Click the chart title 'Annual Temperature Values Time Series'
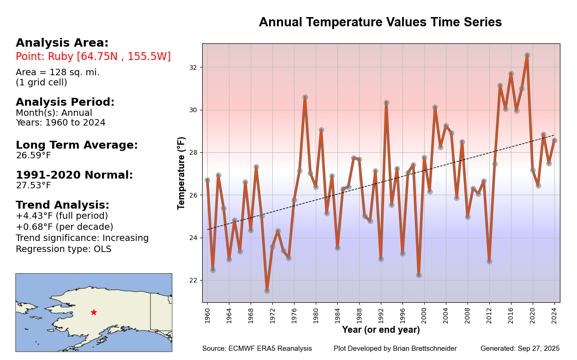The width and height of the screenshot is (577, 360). coord(380,23)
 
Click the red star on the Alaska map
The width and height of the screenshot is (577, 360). coord(94,312)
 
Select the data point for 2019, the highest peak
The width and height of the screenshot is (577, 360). coord(527,55)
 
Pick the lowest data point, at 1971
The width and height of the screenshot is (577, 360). coord(267,291)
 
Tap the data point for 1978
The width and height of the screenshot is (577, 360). coord(305,97)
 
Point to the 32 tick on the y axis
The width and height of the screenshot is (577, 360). coord(193,67)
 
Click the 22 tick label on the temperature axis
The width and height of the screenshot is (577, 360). coord(193,281)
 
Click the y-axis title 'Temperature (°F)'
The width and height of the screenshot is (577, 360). coord(181,173)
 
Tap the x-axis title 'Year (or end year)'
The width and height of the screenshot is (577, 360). coord(381,330)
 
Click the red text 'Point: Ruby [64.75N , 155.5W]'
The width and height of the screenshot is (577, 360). coord(93,57)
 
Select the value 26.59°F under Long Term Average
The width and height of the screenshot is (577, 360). coord(33,156)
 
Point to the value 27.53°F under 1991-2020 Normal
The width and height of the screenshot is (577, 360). coord(33,186)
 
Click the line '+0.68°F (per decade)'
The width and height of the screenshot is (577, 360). coord(64,227)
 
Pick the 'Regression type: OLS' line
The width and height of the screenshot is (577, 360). coord(63,249)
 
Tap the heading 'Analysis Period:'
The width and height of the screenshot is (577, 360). coord(65,102)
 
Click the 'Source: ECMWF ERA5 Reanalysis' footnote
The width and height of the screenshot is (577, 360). coord(257,349)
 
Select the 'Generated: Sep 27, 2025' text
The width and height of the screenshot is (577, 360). coord(520,349)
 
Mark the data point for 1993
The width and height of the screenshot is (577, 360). coord(386,103)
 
